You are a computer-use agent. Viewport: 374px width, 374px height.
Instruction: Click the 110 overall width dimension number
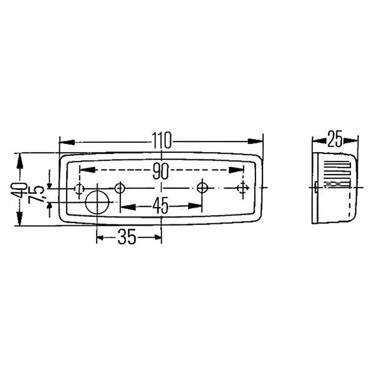[161, 140]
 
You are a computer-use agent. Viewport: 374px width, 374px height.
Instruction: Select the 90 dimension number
[161, 171]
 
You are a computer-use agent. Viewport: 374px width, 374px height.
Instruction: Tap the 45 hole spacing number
[161, 206]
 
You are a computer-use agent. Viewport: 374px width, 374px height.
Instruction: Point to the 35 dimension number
[127, 237]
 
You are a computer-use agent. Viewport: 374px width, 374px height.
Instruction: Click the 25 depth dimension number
[335, 138]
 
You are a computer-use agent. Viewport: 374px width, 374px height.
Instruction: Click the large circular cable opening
[97, 203]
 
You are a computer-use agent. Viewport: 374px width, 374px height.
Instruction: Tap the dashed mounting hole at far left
[79, 189]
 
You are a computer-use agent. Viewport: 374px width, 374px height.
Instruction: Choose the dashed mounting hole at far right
[243, 188]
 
